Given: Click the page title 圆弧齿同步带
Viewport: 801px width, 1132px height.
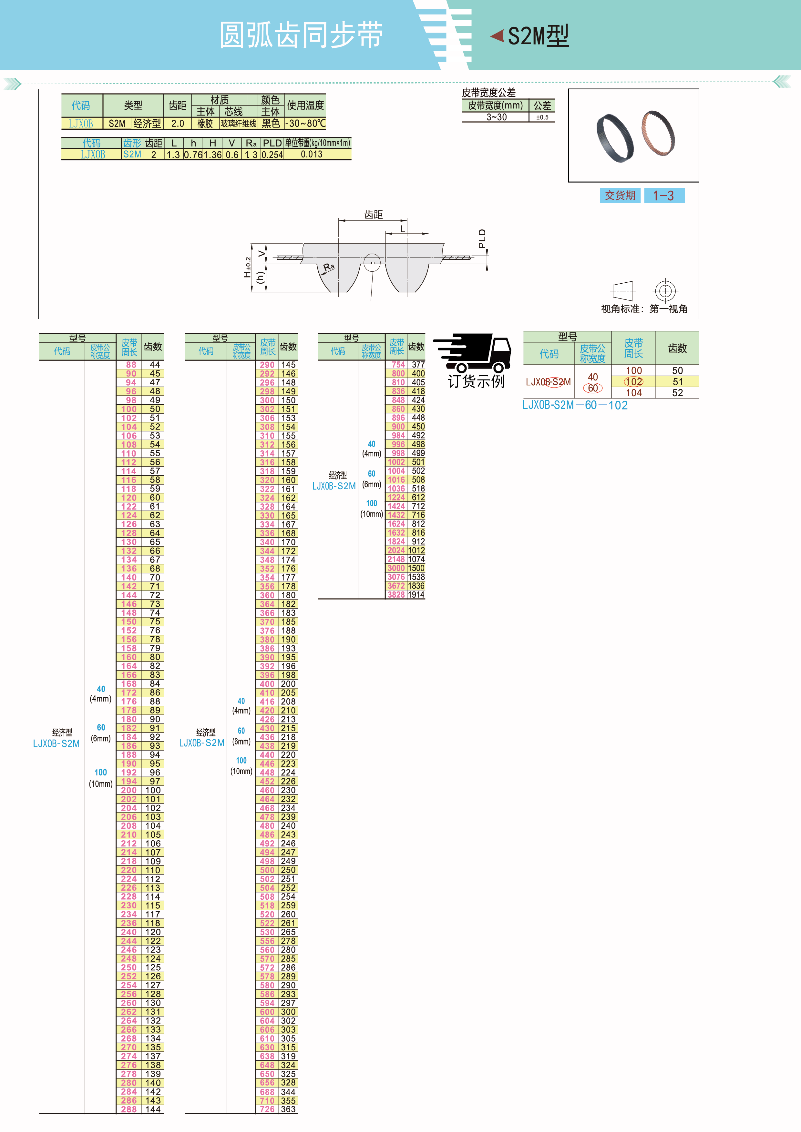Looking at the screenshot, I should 301,35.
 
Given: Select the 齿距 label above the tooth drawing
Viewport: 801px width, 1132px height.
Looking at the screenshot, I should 373,215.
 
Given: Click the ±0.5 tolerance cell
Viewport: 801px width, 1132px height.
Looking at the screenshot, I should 542,117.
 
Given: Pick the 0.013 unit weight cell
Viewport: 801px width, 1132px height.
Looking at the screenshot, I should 312,154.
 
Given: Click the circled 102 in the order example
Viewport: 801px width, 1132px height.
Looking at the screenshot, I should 634,382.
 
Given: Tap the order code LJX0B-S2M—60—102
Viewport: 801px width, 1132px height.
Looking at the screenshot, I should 575,405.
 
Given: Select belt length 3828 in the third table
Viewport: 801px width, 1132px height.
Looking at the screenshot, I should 396,595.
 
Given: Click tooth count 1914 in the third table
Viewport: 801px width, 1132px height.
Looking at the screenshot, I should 416,595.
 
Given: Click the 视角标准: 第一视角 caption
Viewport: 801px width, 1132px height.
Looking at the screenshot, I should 644,309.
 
